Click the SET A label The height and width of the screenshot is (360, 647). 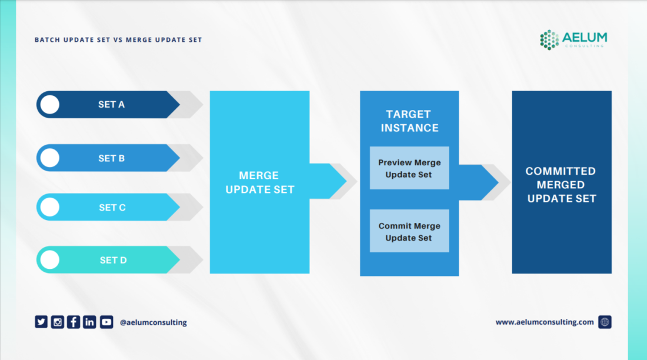[111, 105]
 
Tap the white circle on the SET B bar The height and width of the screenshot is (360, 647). [50, 158]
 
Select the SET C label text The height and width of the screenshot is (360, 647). [112, 207]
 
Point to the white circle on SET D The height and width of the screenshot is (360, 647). [50, 259]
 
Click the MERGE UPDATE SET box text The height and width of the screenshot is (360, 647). [259, 182]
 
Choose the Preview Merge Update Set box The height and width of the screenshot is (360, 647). [409, 168]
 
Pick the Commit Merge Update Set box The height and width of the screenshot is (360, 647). [409, 231]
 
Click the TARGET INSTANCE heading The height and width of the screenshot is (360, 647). [409, 121]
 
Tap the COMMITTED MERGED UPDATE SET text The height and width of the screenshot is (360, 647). [562, 185]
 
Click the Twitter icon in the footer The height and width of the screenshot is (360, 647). [41, 322]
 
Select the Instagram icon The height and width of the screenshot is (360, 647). [58, 322]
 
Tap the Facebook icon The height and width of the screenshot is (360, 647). [74, 322]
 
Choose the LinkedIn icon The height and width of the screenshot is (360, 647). [89, 322]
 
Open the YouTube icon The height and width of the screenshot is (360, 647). [106, 322]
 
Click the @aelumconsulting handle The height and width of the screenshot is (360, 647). [153, 322]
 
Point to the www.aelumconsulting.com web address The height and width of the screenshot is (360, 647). [545, 322]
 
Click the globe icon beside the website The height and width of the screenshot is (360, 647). [605, 322]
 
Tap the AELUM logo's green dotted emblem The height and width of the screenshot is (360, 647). [549, 39]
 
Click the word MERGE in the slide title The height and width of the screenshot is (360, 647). [139, 39]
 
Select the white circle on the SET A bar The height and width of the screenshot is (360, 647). [50, 105]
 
